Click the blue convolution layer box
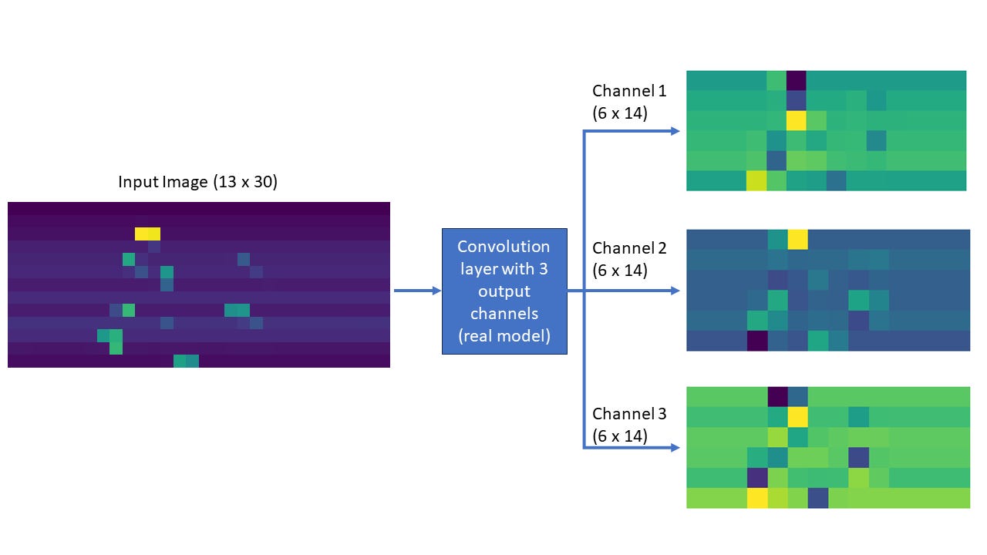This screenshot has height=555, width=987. click(504, 291)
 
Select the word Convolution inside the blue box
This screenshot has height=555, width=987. click(504, 247)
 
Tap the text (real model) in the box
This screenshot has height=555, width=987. click(504, 336)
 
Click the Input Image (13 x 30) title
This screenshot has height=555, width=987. click(197, 182)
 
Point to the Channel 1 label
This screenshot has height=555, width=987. click(629, 91)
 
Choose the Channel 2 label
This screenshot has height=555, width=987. click(629, 248)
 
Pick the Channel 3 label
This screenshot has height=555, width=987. click(629, 414)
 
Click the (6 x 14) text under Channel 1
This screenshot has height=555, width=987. click(620, 113)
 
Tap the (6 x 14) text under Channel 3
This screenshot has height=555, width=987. click(620, 436)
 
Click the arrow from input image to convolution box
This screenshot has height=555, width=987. click(417, 291)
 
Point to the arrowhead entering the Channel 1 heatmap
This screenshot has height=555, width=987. click(675, 131)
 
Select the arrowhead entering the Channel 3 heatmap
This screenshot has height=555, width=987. click(675, 447)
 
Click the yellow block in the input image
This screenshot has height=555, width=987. click(147, 234)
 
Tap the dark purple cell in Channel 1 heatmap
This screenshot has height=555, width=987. click(797, 80)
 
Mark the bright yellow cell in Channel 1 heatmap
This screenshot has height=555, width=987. click(797, 120)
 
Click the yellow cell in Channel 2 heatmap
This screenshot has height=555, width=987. click(797, 239)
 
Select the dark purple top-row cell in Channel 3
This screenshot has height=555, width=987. click(778, 396)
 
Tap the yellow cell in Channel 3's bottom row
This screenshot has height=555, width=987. click(758, 498)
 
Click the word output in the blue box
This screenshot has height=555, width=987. click(504, 291)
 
